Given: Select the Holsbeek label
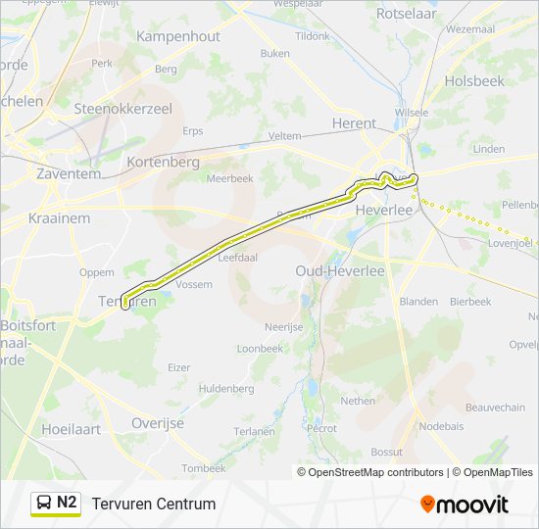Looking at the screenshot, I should pos(474,81).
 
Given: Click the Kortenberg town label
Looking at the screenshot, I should pos(163,162).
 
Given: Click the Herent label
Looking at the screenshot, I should pos(354,123).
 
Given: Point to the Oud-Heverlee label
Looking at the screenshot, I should pos(340,269).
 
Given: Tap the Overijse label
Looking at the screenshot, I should pos(157,423).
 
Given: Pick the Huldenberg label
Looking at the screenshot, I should pos(225,389).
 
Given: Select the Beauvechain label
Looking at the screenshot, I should pos(496,407).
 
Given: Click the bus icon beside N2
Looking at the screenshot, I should pos(44,504).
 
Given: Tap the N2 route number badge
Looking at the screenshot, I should pos(67,504).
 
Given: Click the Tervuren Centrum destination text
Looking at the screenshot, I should pos(154,505).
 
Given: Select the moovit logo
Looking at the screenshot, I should pos(465,505).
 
